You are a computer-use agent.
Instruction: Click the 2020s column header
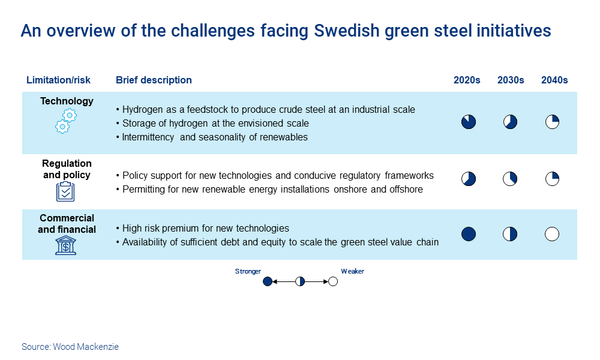467,80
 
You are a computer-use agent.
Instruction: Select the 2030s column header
511,80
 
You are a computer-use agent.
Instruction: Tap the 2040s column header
554,80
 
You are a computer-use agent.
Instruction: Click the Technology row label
67,101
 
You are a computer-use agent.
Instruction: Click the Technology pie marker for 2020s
469,122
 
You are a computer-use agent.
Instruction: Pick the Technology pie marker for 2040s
552,122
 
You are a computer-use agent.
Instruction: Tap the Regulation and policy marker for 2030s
510,179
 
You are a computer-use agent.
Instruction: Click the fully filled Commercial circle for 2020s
469,234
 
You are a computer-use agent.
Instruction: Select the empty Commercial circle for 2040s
552,234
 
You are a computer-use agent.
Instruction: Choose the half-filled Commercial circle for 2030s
510,234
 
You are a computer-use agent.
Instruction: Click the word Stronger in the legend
248,271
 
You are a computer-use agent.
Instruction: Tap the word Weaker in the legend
352,271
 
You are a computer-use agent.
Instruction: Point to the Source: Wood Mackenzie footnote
70,347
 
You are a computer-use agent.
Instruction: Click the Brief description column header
154,80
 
